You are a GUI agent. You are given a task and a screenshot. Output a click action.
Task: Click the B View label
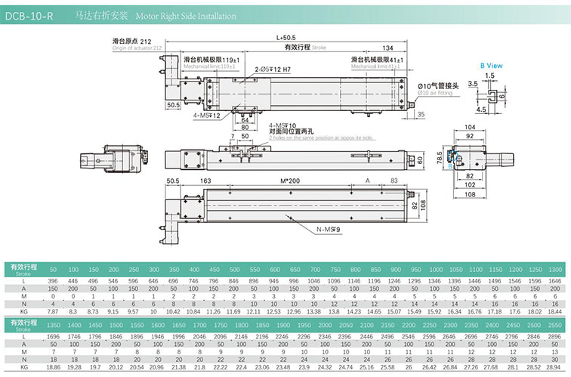click(492, 65)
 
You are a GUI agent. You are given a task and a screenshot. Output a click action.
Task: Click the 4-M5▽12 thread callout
click(206, 115)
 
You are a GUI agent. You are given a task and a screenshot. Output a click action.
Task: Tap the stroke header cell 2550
click(554, 323)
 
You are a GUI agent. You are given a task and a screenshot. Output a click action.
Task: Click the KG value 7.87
click(53, 311)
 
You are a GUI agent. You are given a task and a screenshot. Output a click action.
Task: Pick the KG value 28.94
click(554, 366)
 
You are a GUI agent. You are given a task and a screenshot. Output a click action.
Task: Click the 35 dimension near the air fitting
click(420, 115)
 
